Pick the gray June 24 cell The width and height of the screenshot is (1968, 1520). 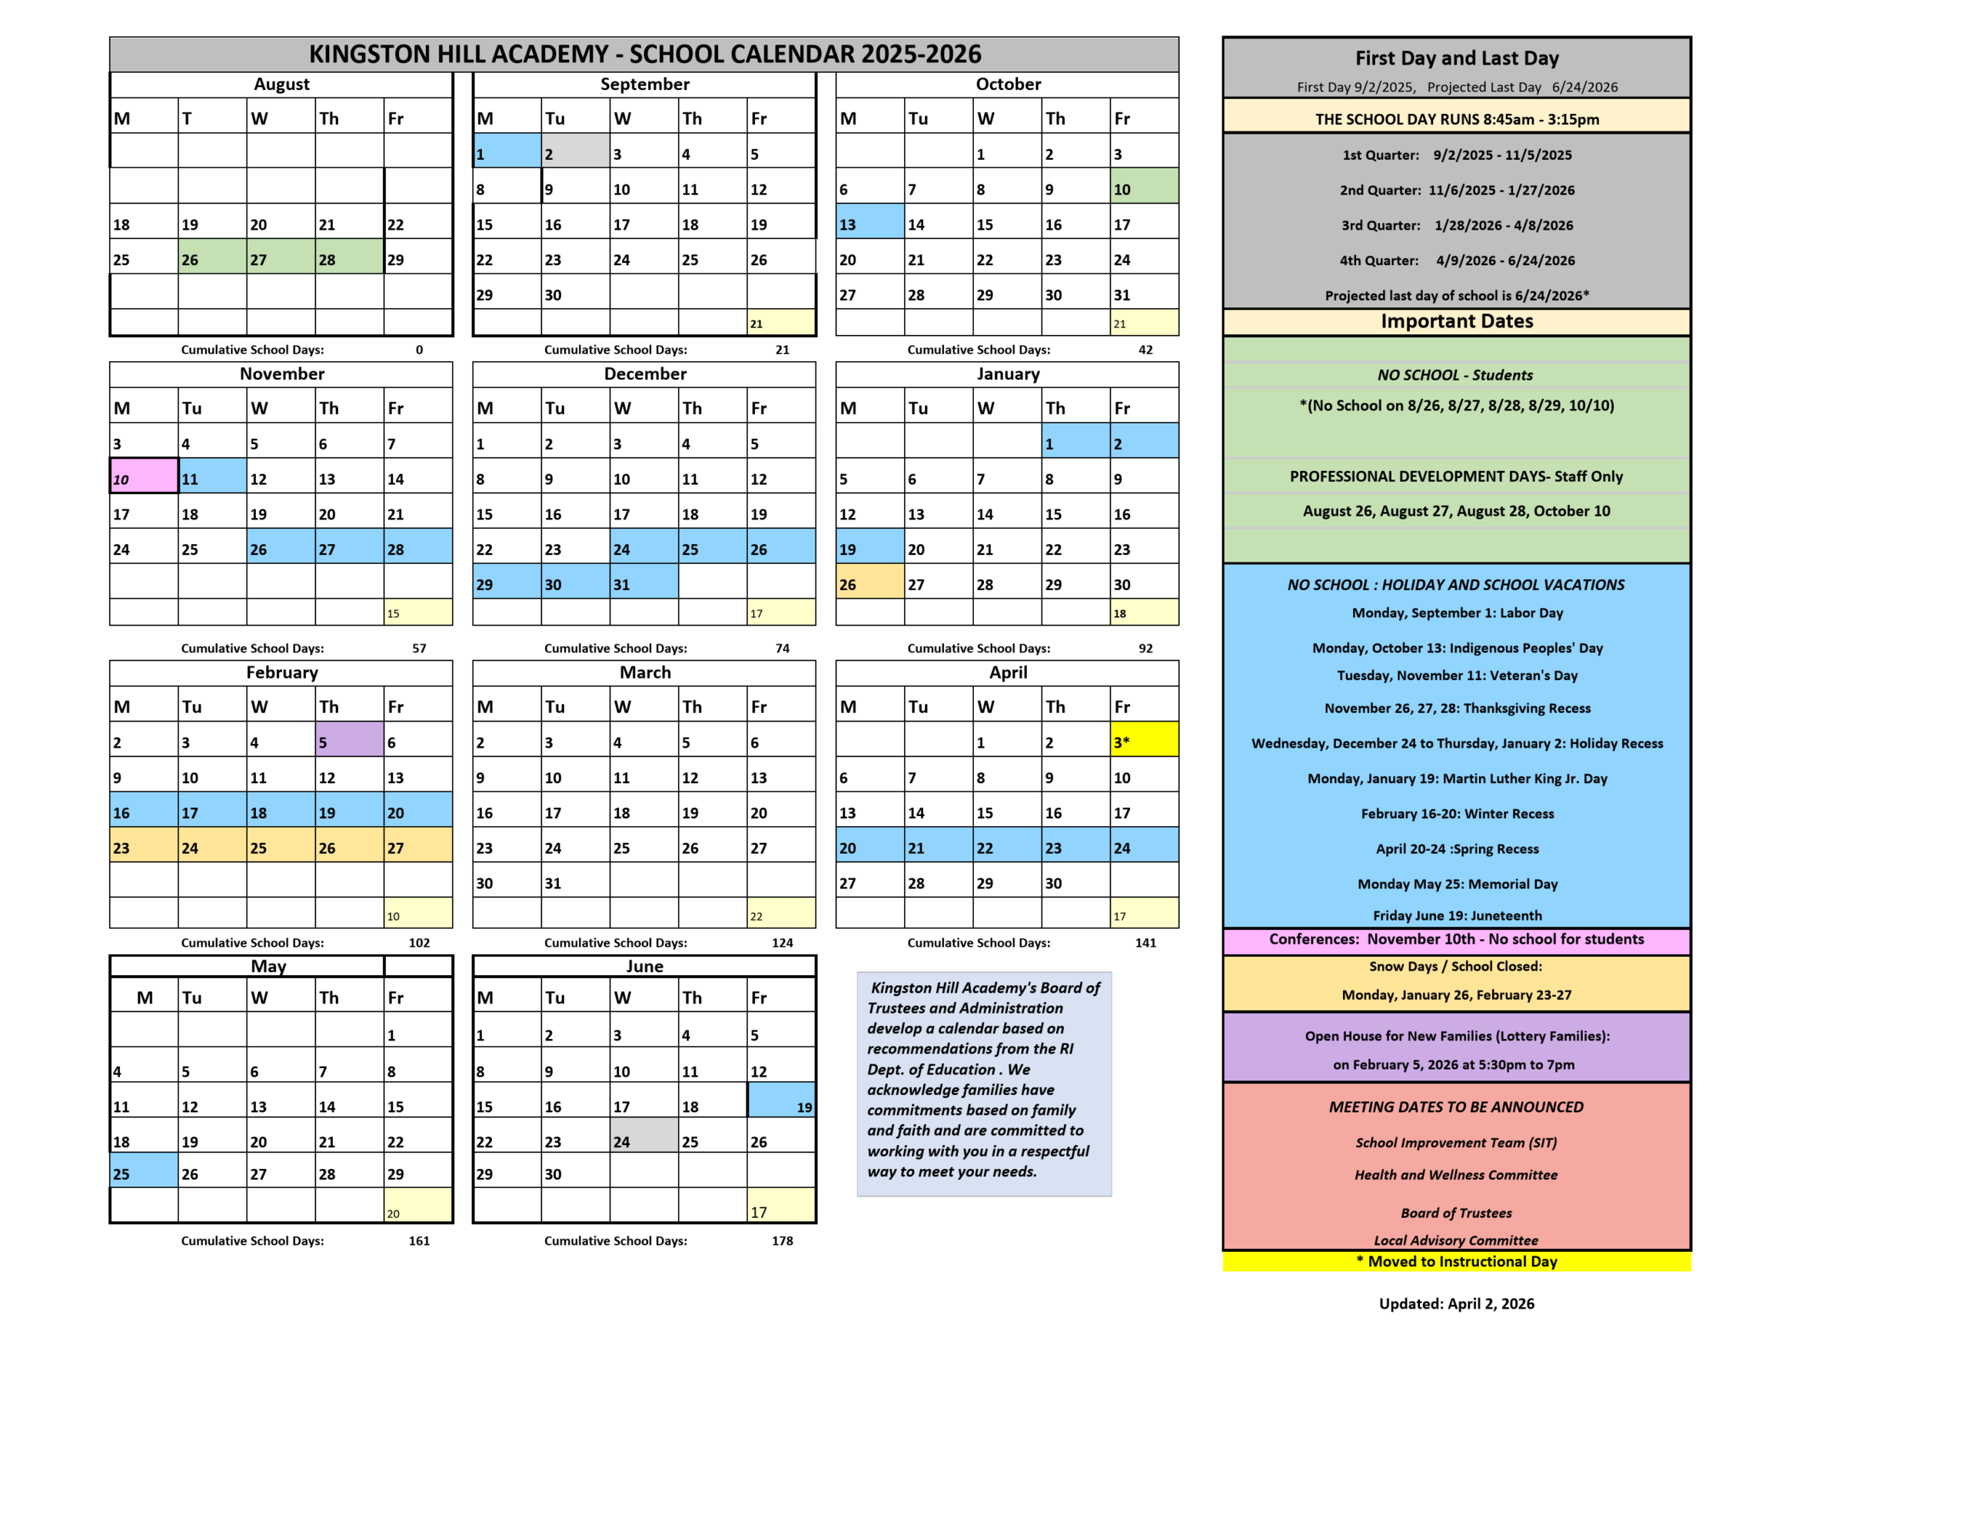[x=643, y=1135]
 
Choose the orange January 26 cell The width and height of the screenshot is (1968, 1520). [x=869, y=582]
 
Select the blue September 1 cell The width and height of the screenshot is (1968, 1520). [x=507, y=151]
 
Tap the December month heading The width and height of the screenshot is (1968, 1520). [x=644, y=374]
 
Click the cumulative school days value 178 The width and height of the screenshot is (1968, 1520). [x=782, y=1241]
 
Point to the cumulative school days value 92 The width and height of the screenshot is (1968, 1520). [x=1145, y=648]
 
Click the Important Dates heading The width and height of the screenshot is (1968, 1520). [x=1456, y=322]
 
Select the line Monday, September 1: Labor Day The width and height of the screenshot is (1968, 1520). [x=1456, y=612]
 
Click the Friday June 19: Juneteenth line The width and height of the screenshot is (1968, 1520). [x=1456, y=915]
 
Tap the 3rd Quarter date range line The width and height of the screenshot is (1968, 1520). [x=1456, y=225]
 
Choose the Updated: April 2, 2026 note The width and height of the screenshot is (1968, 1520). [x=1456, y=1304]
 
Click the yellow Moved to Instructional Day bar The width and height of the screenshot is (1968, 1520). [x=1456, y=1261]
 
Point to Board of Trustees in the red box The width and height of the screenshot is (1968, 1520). [x=1456, y=1213]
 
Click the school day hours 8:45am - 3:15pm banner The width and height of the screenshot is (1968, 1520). [x=1456, y=119]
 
